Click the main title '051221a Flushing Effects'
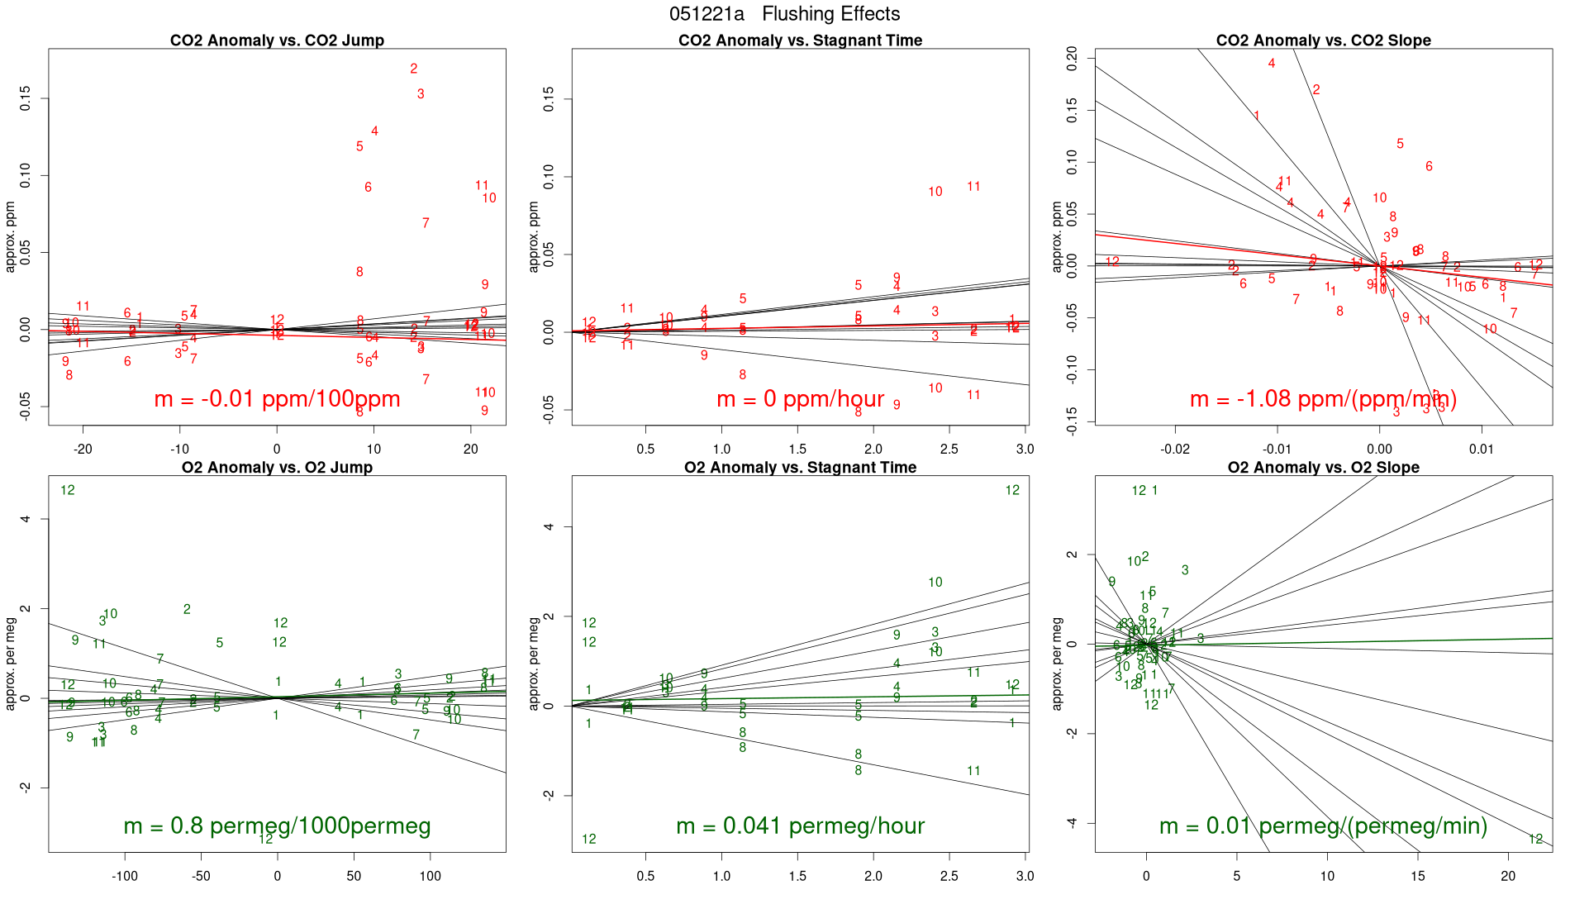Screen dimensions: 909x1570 click(784, 14)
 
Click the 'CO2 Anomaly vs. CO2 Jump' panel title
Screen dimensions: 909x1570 click(277, 40)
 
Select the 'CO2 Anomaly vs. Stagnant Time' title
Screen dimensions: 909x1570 click(800, 40)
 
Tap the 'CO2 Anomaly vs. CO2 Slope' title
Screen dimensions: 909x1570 click(1323, 40)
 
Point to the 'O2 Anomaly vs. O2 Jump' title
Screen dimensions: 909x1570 click(277, 468)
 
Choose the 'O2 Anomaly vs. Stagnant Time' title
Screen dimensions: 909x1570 click(800, 468)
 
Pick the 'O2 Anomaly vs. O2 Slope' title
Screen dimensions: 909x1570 click(1323, 468)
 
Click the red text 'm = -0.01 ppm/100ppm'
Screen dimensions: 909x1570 click(277, 399)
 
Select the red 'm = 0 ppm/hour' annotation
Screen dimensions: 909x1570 click(800, 399)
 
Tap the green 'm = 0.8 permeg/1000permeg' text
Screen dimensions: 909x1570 click(277, 826)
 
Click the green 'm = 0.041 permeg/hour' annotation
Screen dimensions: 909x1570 click(800, 826)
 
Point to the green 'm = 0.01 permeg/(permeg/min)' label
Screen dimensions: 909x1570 click(1323, 826)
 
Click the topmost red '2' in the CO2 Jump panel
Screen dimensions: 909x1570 click(414, 69)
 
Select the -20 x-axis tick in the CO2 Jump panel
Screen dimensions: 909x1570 click(83, 450)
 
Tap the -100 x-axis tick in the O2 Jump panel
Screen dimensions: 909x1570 click(125, 876)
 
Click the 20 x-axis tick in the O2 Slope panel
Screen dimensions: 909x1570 click(1508, 876)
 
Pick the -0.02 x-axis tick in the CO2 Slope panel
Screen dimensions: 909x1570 click(1175, 450)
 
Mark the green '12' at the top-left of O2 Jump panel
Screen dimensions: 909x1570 click(68, 490)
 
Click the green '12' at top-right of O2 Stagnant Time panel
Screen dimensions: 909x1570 click(1012, 490)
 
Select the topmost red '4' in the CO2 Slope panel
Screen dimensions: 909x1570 click(1272, 64)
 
